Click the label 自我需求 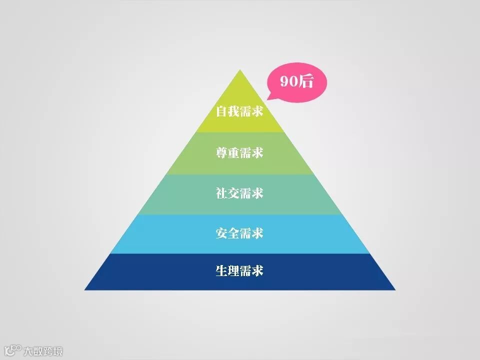(x=239, y=111)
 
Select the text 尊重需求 (x=239, y=152)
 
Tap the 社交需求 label (x=239, y=193)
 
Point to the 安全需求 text (x=239, y=233)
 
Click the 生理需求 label (x=239, y=271)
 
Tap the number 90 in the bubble (x=289, y=81)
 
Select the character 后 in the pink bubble (x=305, y=81)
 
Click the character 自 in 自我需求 (x=222, y=111)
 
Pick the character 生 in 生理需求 (x=222, y=271)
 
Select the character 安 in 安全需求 (x=222, y=233)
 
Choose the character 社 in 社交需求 (x=222, y=193)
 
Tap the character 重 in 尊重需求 (x=234, y=152)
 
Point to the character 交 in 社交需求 (x=234, y=193)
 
